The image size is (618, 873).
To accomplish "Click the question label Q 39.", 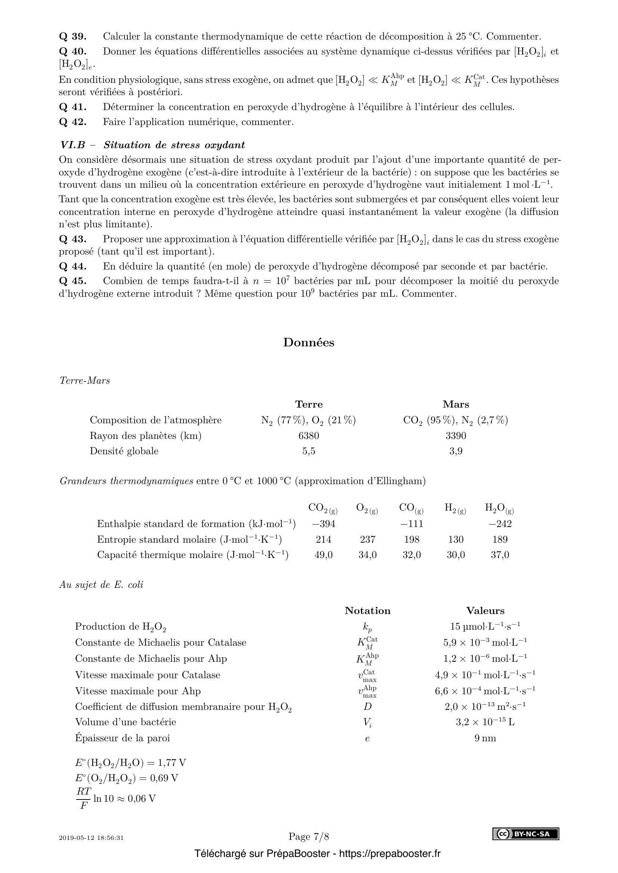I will point(73,37).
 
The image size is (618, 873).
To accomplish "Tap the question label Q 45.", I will point(73,281).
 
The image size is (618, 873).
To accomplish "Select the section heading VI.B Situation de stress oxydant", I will point(152,145).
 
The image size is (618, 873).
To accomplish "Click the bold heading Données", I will point(309,342).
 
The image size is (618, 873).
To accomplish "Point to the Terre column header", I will point(309,404).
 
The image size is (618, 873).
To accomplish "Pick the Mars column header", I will point(455,404).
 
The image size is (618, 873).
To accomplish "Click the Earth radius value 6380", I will point(309,435).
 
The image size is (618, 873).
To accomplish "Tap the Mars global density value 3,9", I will point(455,451).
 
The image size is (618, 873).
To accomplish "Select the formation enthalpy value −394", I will point(324,524).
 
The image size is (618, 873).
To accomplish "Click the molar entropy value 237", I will point(368,539).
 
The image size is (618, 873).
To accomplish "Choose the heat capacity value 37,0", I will point(500,555).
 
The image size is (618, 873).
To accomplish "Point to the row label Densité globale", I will point(124,451).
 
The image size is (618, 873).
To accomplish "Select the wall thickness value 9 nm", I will point(485,738).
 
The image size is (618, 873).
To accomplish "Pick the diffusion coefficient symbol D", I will point(367,706).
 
